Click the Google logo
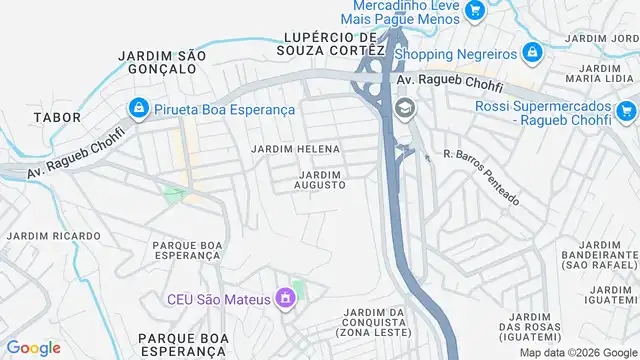point(34,348)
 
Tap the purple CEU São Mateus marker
point(286,298)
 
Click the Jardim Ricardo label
point(54,236)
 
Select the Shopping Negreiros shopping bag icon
point(532,52)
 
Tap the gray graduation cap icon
point(405,108)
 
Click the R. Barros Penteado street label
point(481,177)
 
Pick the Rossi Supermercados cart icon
point(627,110)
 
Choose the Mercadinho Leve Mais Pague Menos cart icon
point(475,11)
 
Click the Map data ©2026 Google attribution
point(576,352)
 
